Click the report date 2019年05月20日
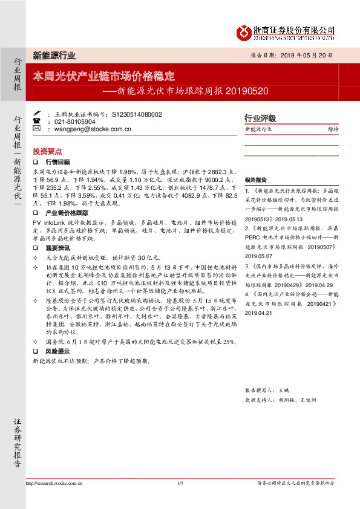(x=308, y=54)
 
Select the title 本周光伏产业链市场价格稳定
(x=104, y=77)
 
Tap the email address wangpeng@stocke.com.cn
(x=93, y=129)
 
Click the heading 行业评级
(x=260, y=118)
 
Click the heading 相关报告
(x=256, y=180)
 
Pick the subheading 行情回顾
(x=58, y=162)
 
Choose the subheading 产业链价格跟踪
(x=67, y=213)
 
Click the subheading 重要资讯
(x=58, y=247)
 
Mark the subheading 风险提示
(x=58, y=351)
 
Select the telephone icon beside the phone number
(x=36, y=121)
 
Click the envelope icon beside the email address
(x=36, y=129)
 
